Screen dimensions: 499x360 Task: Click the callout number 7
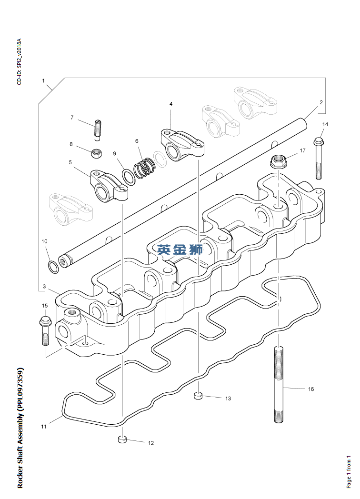coord(72,117)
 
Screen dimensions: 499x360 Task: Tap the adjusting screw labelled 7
coord(99,130)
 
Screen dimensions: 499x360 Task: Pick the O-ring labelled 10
coord(53,266)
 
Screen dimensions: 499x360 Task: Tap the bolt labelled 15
coord(45,329)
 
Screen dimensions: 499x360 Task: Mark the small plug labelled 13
coord(199,396)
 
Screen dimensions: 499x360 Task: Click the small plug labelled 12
coord(122,440)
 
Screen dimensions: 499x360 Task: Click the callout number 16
coord(311,389)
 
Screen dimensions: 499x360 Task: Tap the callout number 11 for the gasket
coord(43,427)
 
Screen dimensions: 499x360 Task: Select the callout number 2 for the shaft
coord(321,102)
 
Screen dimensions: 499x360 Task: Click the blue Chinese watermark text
coord(180,249)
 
